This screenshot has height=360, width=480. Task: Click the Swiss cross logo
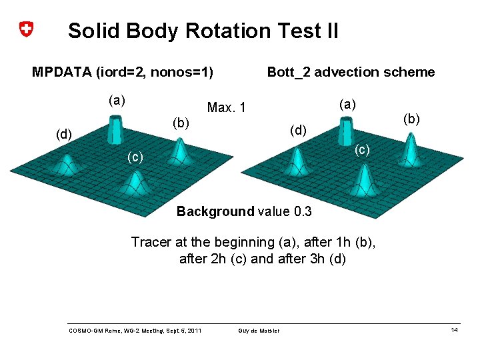click(x=25, y=30)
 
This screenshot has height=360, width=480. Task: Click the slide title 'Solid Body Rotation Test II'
click(x=203, y=31)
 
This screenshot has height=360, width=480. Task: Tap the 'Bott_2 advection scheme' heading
click(x=351, y=72)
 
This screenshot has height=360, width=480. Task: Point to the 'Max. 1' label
click(x=227, y=107)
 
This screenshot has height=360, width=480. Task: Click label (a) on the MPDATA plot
click(x=117, y=101)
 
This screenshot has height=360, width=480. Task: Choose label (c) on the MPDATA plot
click(x=135, y=157)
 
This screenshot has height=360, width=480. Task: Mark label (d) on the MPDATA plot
click(x=63, y=135)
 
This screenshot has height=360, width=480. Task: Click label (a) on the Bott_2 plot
click(x=347, y=104)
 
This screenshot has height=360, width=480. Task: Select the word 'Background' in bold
click(x=215, y=212)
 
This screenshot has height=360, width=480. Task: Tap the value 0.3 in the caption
click(x=302, y=212)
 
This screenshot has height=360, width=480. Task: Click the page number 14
click(x=454, y=331)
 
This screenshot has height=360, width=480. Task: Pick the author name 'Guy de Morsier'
click(x=259, y=331)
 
